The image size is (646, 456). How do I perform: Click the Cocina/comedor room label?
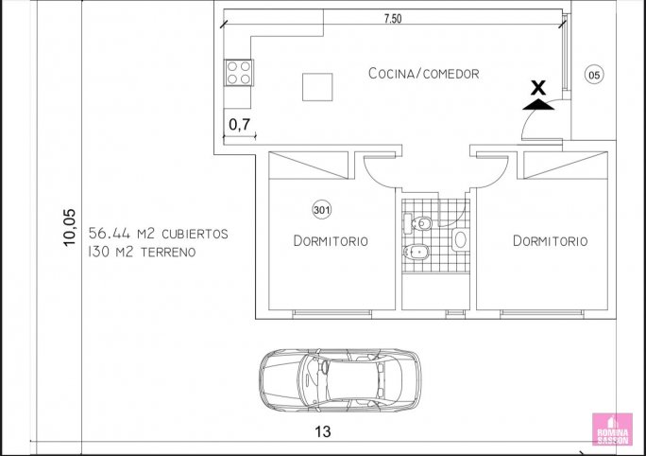click(x=423, y=74)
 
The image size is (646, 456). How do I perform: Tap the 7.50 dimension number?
click(x=393, y=19)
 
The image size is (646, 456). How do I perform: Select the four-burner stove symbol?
click(x=239, y=73)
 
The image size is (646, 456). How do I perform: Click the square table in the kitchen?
click(x=317, y=87)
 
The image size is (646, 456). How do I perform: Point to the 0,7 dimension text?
click(x=239, y=124)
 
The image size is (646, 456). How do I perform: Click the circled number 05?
click(x=594, y=75)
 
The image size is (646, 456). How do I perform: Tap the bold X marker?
click(x=537, y=87)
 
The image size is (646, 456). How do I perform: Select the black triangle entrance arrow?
click(x=538, y=104)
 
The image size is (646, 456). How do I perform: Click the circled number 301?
click(x=322, y=210)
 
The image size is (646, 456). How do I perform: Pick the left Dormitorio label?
click(x=331, y=240)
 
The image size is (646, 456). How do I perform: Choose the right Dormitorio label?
click(x=550, y=240)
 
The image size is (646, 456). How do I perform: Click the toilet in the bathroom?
click(x=417, y=223)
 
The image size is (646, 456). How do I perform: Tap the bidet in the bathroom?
click(x=416, y=251)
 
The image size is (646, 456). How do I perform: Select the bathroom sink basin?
click(x=460, y=239)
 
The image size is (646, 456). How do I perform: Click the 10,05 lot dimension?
click(x=70, y=227)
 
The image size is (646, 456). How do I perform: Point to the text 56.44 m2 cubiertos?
click(x=159, y=234)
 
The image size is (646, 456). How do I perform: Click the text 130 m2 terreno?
click(x=142, y=252)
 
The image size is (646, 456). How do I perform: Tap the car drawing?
click(x=340, y=380)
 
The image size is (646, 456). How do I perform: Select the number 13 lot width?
click(x=323, y=431)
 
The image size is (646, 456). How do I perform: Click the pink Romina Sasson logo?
click(x=612, y=430)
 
